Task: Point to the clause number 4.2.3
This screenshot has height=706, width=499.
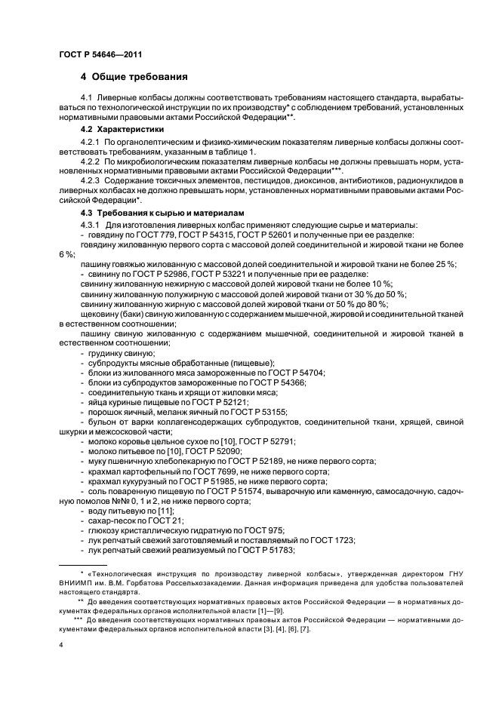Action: click(91, 183)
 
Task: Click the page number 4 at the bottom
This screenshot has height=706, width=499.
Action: click(60, 645)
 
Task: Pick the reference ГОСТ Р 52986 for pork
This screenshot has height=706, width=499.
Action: click(157, 274)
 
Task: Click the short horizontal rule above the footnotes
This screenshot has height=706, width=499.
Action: click(85, 563)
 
